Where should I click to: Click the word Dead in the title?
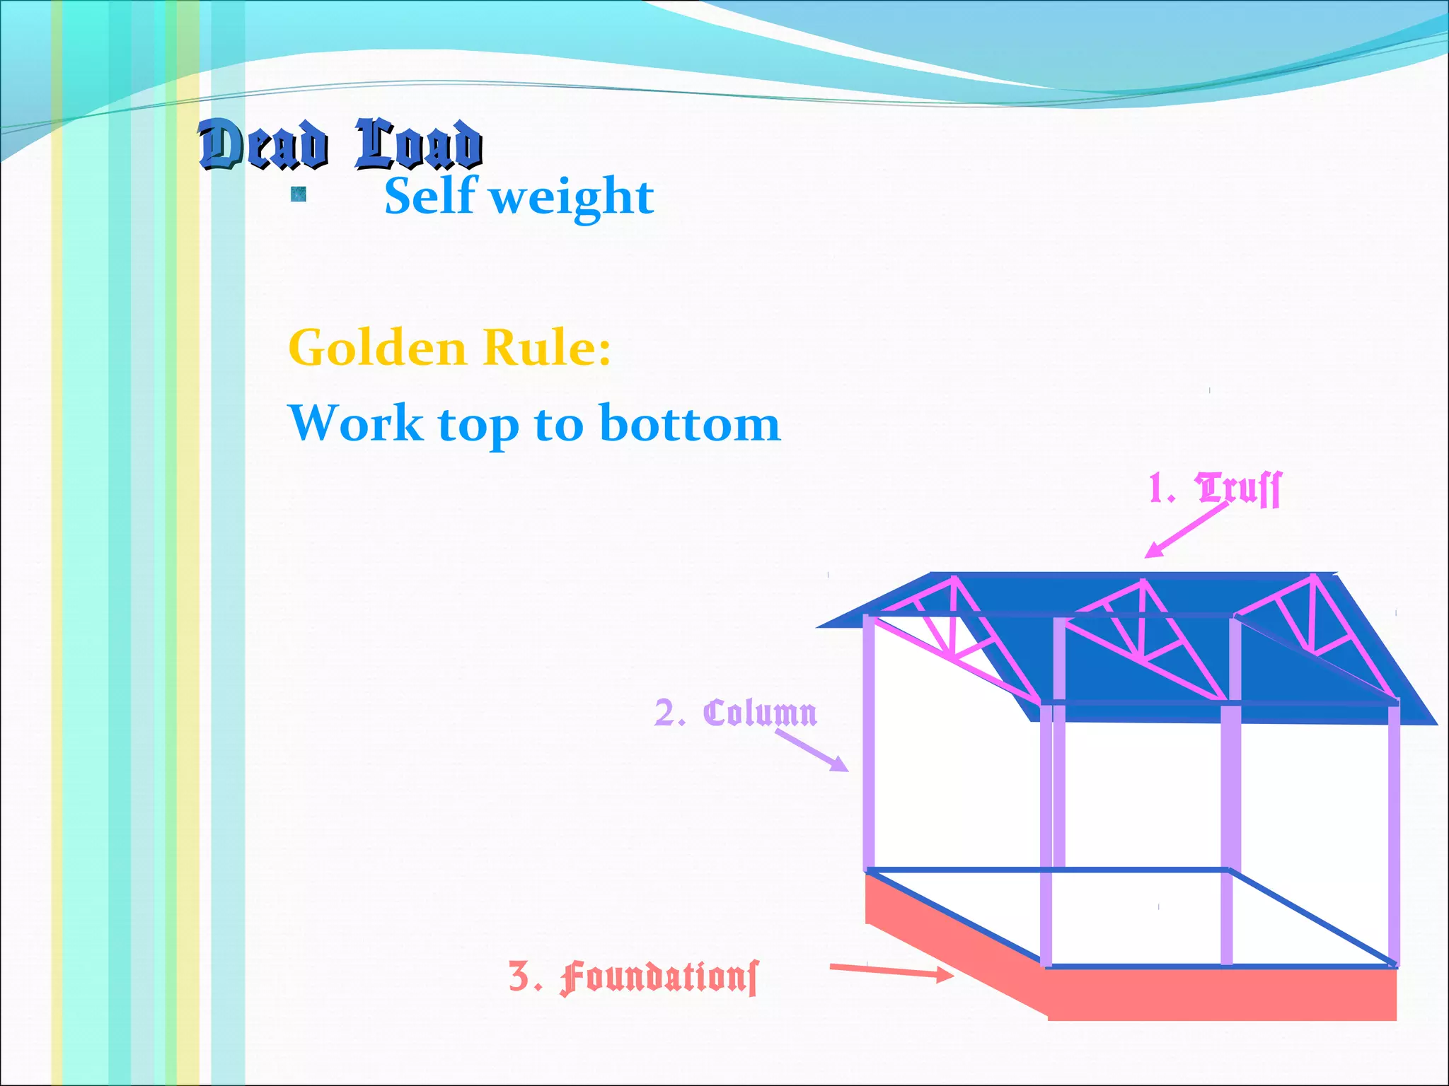pos(263,145)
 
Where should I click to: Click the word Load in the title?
pos(418,145)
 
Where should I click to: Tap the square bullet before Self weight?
pos(299,194)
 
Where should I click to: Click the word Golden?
pos(377,348)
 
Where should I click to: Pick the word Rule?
pos(546,348)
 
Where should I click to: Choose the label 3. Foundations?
pos(633,978)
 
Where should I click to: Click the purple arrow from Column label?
pos(812,751)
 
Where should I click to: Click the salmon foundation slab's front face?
pos(1222,994)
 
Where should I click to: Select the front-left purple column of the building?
pos(1046,834)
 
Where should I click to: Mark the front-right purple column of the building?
pos(1394,834)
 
